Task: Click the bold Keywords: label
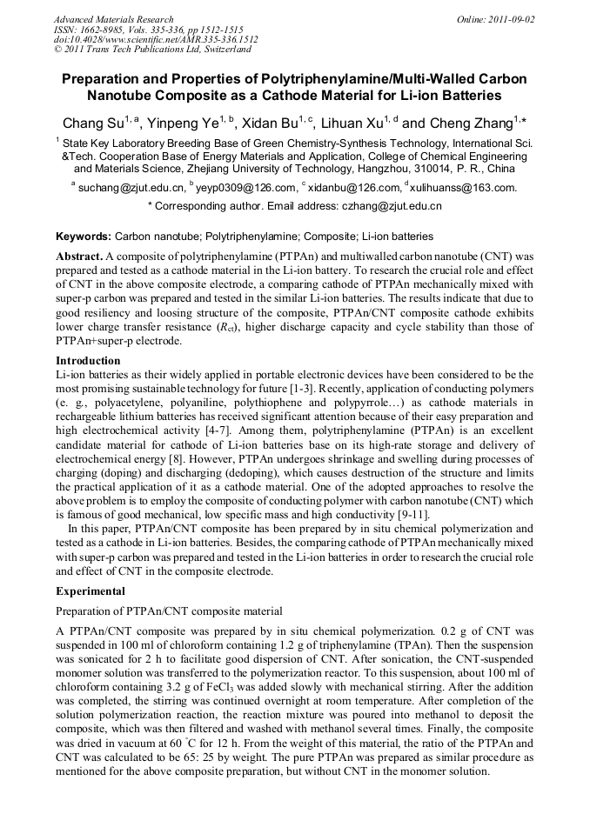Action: tap(84, 237)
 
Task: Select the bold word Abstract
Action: tap(79, 257)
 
